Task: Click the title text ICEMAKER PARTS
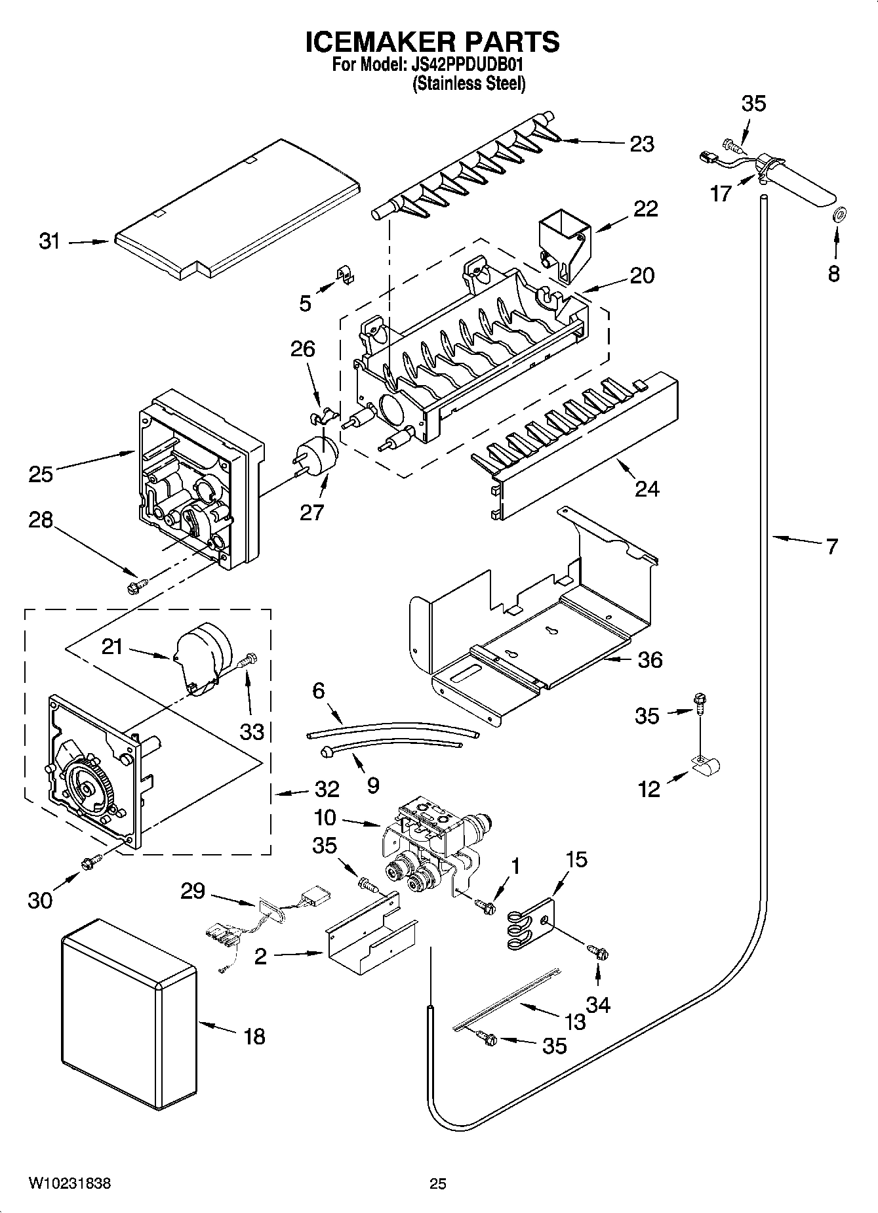point(433,42)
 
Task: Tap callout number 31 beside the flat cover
point(49,241)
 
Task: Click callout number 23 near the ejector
point(641,144)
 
